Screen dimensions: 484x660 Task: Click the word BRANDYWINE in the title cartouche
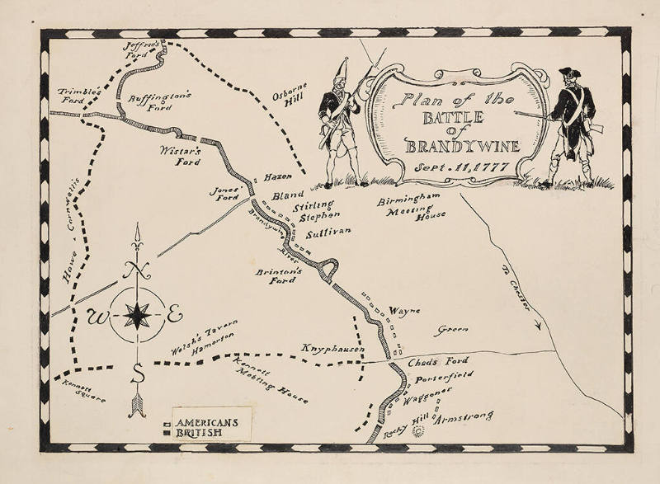[x=463, y=146]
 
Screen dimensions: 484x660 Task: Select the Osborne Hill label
[x=290, y=101]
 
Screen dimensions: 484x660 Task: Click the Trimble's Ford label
[x=78, y=96]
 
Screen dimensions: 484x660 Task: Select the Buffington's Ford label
[x=160, y=101]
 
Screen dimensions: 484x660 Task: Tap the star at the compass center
[x=137, y=315]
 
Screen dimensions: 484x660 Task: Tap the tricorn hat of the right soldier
[x=569, y=73]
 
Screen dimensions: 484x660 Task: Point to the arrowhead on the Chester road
[x=537, y=326]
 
